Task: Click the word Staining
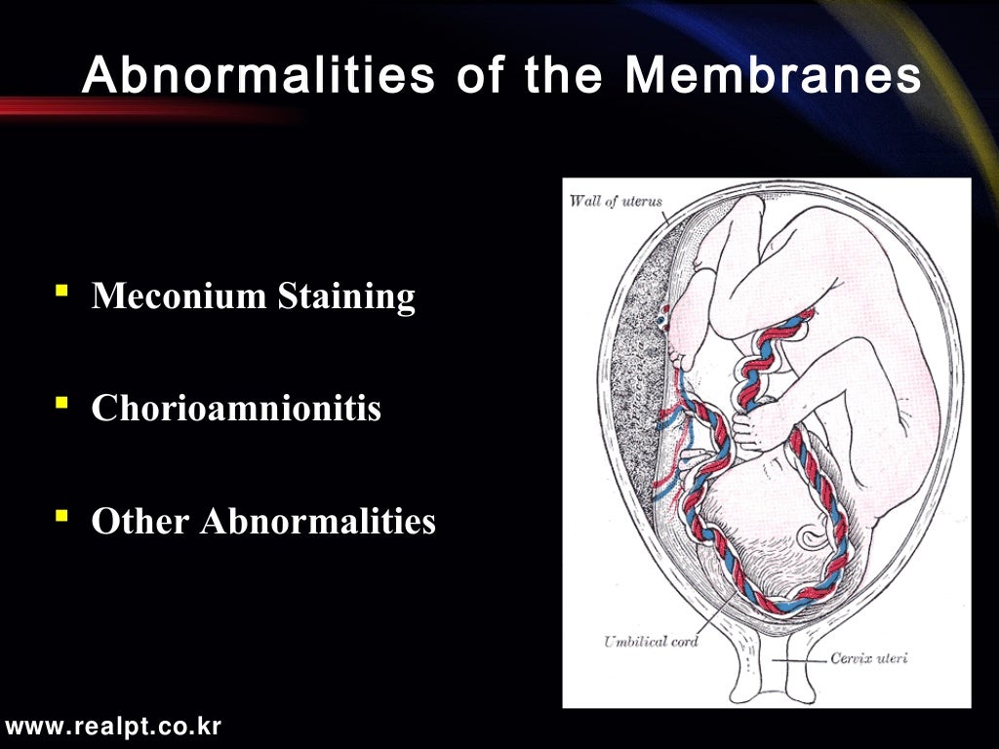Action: click(x=346, y=296)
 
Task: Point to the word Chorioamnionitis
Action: click(x=236, y=409)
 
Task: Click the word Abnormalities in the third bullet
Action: click(x=318, y=522)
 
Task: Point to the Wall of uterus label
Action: click(x=615, y=202)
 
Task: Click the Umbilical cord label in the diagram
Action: click(x=650, y=641)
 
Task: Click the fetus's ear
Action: click(x=813, y=535)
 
